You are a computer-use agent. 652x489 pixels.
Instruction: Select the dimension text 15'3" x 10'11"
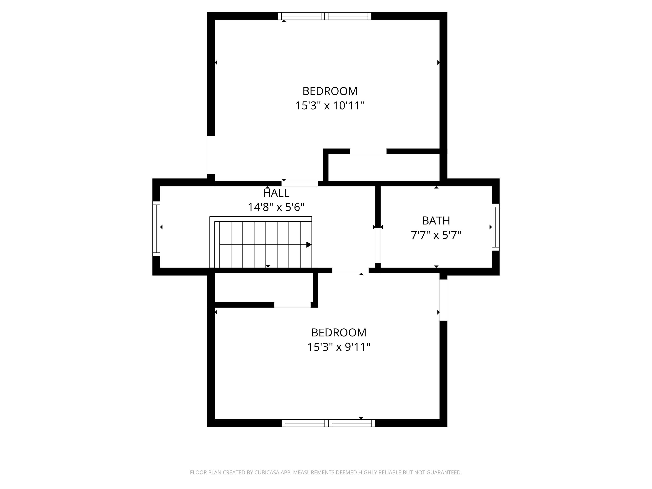click(330, 106)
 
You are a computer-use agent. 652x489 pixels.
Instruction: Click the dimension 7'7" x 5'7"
click(436, 235)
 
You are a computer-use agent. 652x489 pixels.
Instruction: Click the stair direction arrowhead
click(309, 245)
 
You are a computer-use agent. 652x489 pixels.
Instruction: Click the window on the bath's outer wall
click(496, 227)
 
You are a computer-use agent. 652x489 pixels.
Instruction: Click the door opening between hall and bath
click(378, 245)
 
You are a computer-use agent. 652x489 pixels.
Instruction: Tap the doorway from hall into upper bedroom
click(299, 184)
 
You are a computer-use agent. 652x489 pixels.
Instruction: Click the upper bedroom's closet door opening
click(368, 151)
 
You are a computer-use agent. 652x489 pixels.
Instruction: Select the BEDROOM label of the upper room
click(330, 91)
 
